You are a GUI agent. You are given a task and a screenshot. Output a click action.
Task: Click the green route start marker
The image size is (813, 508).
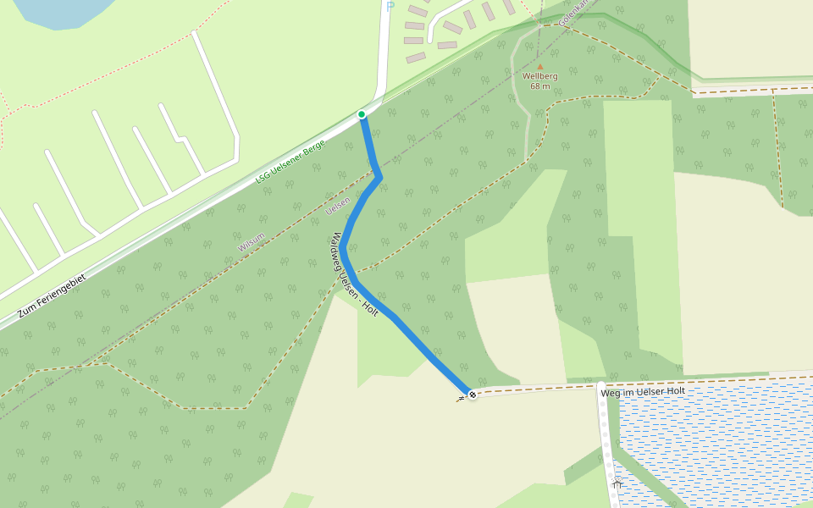point(362,114)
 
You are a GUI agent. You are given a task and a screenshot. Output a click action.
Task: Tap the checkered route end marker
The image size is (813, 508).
point(472,394)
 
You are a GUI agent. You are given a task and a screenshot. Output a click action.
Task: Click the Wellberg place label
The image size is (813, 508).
point(539,76)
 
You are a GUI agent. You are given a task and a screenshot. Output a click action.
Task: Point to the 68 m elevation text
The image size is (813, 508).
point(539,86)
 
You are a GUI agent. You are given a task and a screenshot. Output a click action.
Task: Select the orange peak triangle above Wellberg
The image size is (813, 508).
point(539,65)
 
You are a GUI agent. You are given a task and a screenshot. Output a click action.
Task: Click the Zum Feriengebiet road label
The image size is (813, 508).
point(51,295)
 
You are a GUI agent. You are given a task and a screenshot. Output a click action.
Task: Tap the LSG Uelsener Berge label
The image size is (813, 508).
point(290,162)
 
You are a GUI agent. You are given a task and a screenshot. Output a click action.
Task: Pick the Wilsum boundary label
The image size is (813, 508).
point(251,240)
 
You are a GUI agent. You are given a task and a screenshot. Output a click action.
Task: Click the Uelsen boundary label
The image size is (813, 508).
point(337,205)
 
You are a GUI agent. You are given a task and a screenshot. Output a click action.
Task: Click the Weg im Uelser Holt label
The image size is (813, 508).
point(642,392)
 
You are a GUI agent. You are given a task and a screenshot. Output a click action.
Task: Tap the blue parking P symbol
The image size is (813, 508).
point(390,6)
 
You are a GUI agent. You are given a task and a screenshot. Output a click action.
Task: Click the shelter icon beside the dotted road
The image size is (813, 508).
point(617,483)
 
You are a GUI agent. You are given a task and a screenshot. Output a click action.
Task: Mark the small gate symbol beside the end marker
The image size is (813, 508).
point(460,399)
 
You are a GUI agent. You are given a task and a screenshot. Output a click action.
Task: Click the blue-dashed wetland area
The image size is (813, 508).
point(720,449)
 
